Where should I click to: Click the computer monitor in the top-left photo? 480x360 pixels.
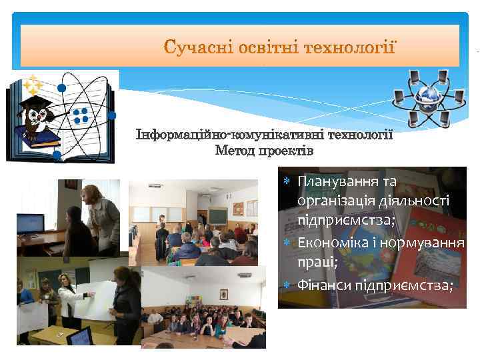click(30, 223)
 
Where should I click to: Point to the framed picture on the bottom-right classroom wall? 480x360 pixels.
click(223, 294)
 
